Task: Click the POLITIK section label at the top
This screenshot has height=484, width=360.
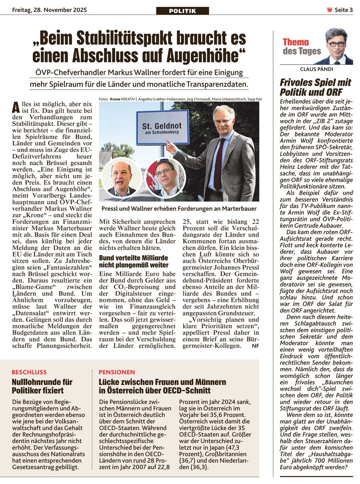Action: coord(182,11)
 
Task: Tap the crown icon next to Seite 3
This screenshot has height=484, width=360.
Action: coord(330,10)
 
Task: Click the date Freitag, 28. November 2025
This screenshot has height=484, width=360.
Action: coord(50,10)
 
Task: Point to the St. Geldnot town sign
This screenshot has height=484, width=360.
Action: coord(162,127)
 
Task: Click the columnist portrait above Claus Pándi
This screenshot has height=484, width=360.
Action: coord(336,46)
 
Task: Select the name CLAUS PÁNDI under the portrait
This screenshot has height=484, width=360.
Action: coord(316,69)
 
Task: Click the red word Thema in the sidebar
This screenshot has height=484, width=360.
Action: coord(296,42)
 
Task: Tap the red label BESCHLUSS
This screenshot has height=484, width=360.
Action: coord(29,372)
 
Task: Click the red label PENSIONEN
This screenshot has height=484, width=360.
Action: coord(117,372)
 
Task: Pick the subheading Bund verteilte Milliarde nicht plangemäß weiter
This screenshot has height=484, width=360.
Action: coord(134,261)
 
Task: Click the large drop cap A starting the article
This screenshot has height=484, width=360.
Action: coord(16,107)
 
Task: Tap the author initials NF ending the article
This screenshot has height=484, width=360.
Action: coord(255,346)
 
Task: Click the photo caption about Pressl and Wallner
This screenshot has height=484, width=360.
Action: coord(179,209)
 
